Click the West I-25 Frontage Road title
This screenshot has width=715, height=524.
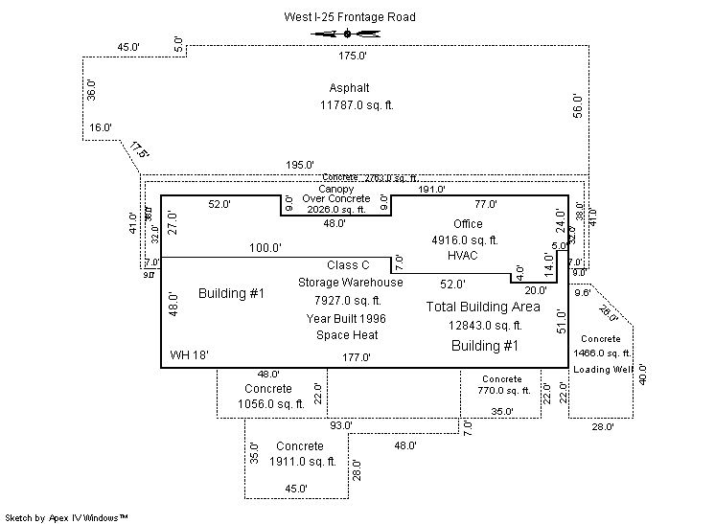[x=350, y=17]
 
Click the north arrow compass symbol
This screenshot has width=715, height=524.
[x=347, y=34]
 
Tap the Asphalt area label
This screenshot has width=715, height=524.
[x=349, y=87]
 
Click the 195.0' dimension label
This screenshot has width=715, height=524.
[x=300, y=165]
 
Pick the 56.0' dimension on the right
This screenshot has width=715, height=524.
[x=577, y=103]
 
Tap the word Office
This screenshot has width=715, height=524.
[x=468, y=223]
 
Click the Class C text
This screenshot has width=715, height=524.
[x=348, y=264]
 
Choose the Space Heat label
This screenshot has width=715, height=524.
[x=347, y=335]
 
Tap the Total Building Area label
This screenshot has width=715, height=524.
[x=483, y=308]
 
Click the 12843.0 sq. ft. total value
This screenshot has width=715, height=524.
[x=484, y=326]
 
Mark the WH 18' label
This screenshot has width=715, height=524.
[x=190, y=355]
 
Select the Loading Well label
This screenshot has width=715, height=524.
[x=601, y=367]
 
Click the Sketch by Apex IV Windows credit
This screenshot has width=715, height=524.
[x=67, y=517]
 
